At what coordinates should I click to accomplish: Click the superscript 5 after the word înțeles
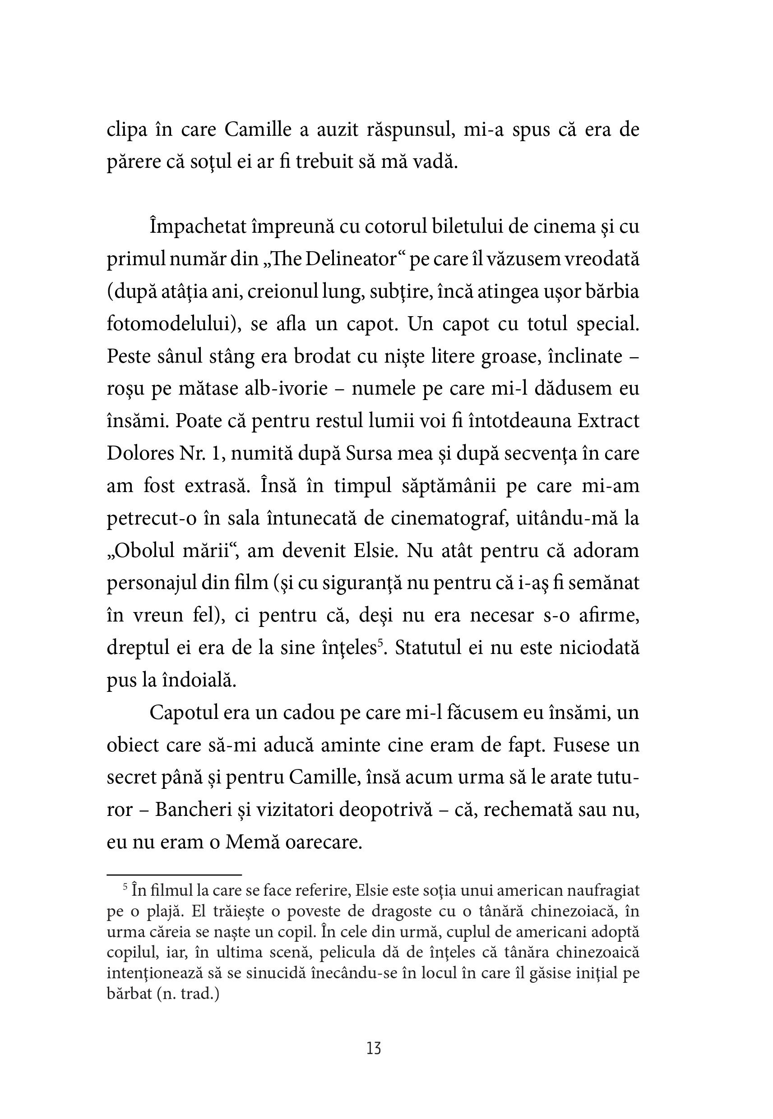pos(381,643)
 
